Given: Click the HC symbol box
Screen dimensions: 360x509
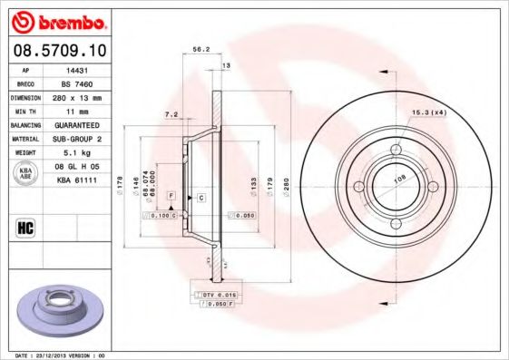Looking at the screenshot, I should [x=24, y=228].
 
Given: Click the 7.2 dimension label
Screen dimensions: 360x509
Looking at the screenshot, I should [x=171, y=115].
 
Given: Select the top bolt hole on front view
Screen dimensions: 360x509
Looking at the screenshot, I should [x=395, y=151].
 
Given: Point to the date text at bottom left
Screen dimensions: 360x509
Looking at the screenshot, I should [x=54, y=355].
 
